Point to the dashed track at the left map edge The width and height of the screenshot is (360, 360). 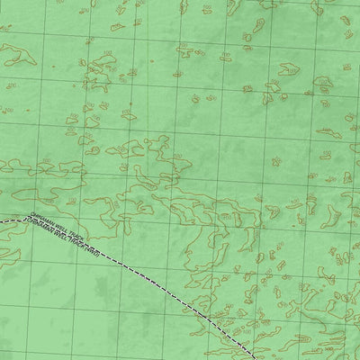click(x=3, y=220)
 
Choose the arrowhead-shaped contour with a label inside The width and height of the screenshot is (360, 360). click(x=290, y=68)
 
